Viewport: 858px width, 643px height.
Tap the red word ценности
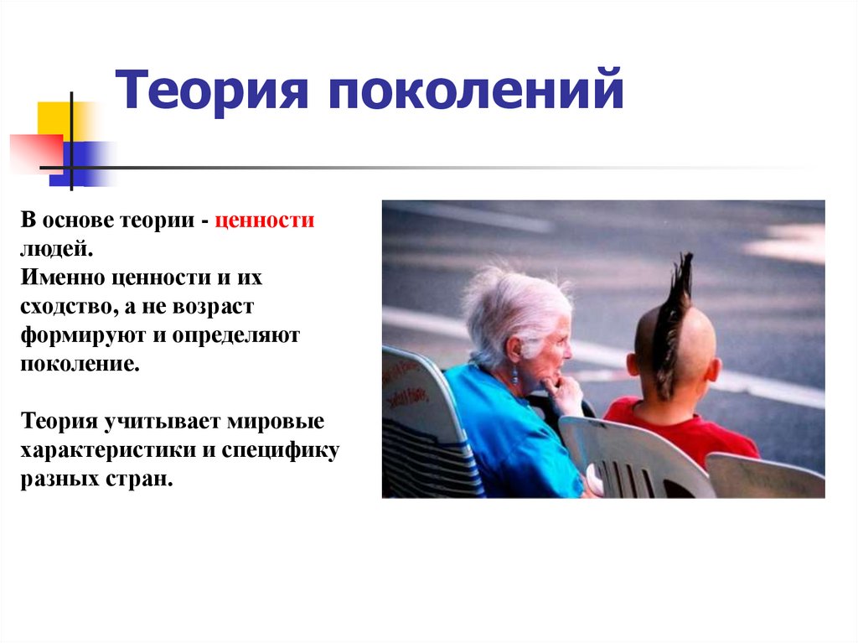coord(264,221)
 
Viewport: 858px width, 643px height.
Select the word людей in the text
coord(55,249)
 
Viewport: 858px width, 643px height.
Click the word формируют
coord(75,334)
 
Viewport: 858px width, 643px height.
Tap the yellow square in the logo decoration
coord(54,120)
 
